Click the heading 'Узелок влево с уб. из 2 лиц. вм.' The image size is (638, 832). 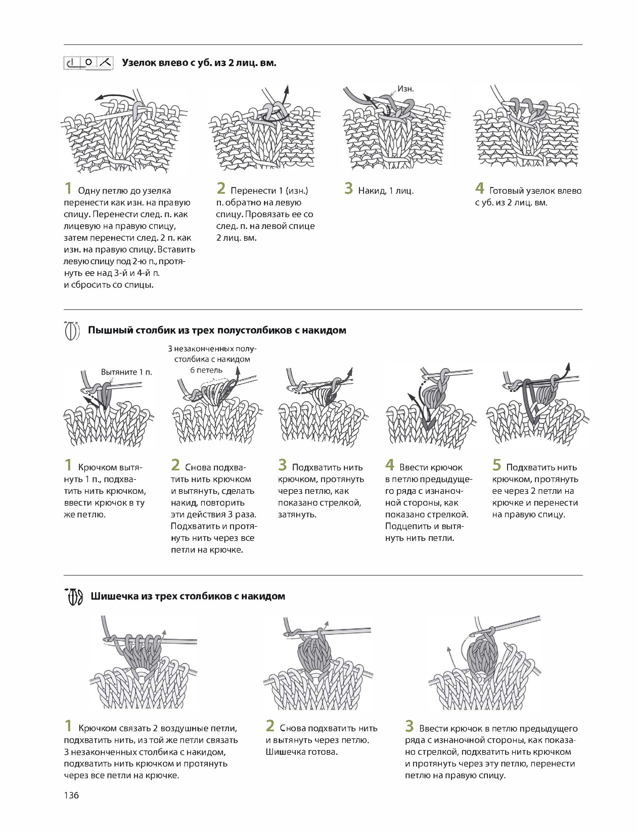199,63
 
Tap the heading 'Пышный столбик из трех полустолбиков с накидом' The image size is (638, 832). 217,330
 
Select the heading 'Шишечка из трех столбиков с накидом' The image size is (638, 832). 188,596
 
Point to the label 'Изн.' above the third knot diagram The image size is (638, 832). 406,89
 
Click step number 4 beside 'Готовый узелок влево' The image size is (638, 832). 480,188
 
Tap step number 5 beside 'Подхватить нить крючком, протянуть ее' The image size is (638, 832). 497,465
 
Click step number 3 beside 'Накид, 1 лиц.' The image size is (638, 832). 349,188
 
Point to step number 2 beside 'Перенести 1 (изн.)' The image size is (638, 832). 221,188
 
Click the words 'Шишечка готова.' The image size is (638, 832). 302,752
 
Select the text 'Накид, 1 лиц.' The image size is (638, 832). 385,191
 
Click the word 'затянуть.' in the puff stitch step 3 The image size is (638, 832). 297,514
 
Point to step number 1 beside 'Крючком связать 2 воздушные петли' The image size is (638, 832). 69,726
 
